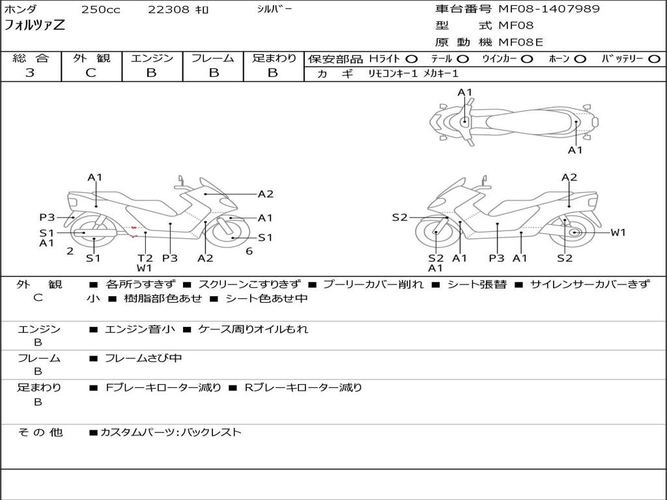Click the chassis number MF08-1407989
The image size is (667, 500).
pyautogui.click(x=549, y=9)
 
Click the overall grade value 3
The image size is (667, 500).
pyautogui.click(x=30, y=73)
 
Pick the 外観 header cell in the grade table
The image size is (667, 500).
pyautogui.click(x=91, y=59)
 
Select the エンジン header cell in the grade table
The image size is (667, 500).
pyautogui.click(x=152, y=59)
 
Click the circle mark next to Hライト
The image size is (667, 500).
pyautogui.click(x=412, y=59)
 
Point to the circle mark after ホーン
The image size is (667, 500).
pyautogui.click(x=580, y=59)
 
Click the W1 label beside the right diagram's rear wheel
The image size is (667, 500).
pyautogui.click(x=617, y=232)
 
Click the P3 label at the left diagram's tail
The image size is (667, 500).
pyautogui.click(x=47, y=217)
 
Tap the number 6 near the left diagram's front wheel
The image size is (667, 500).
pyautogui.click(x=249, y=251)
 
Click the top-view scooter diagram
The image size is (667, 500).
pyautogui.click(x=513, y=121)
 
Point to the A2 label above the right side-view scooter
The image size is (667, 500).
pyautogui.click(x=569, y=177)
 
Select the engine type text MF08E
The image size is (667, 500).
pyautogui.click(x=520, y=43)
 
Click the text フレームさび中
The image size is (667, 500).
pyautogui.click(x=143, y=358)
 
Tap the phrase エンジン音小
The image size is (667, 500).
pyautogui.click(x=140, y=329)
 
